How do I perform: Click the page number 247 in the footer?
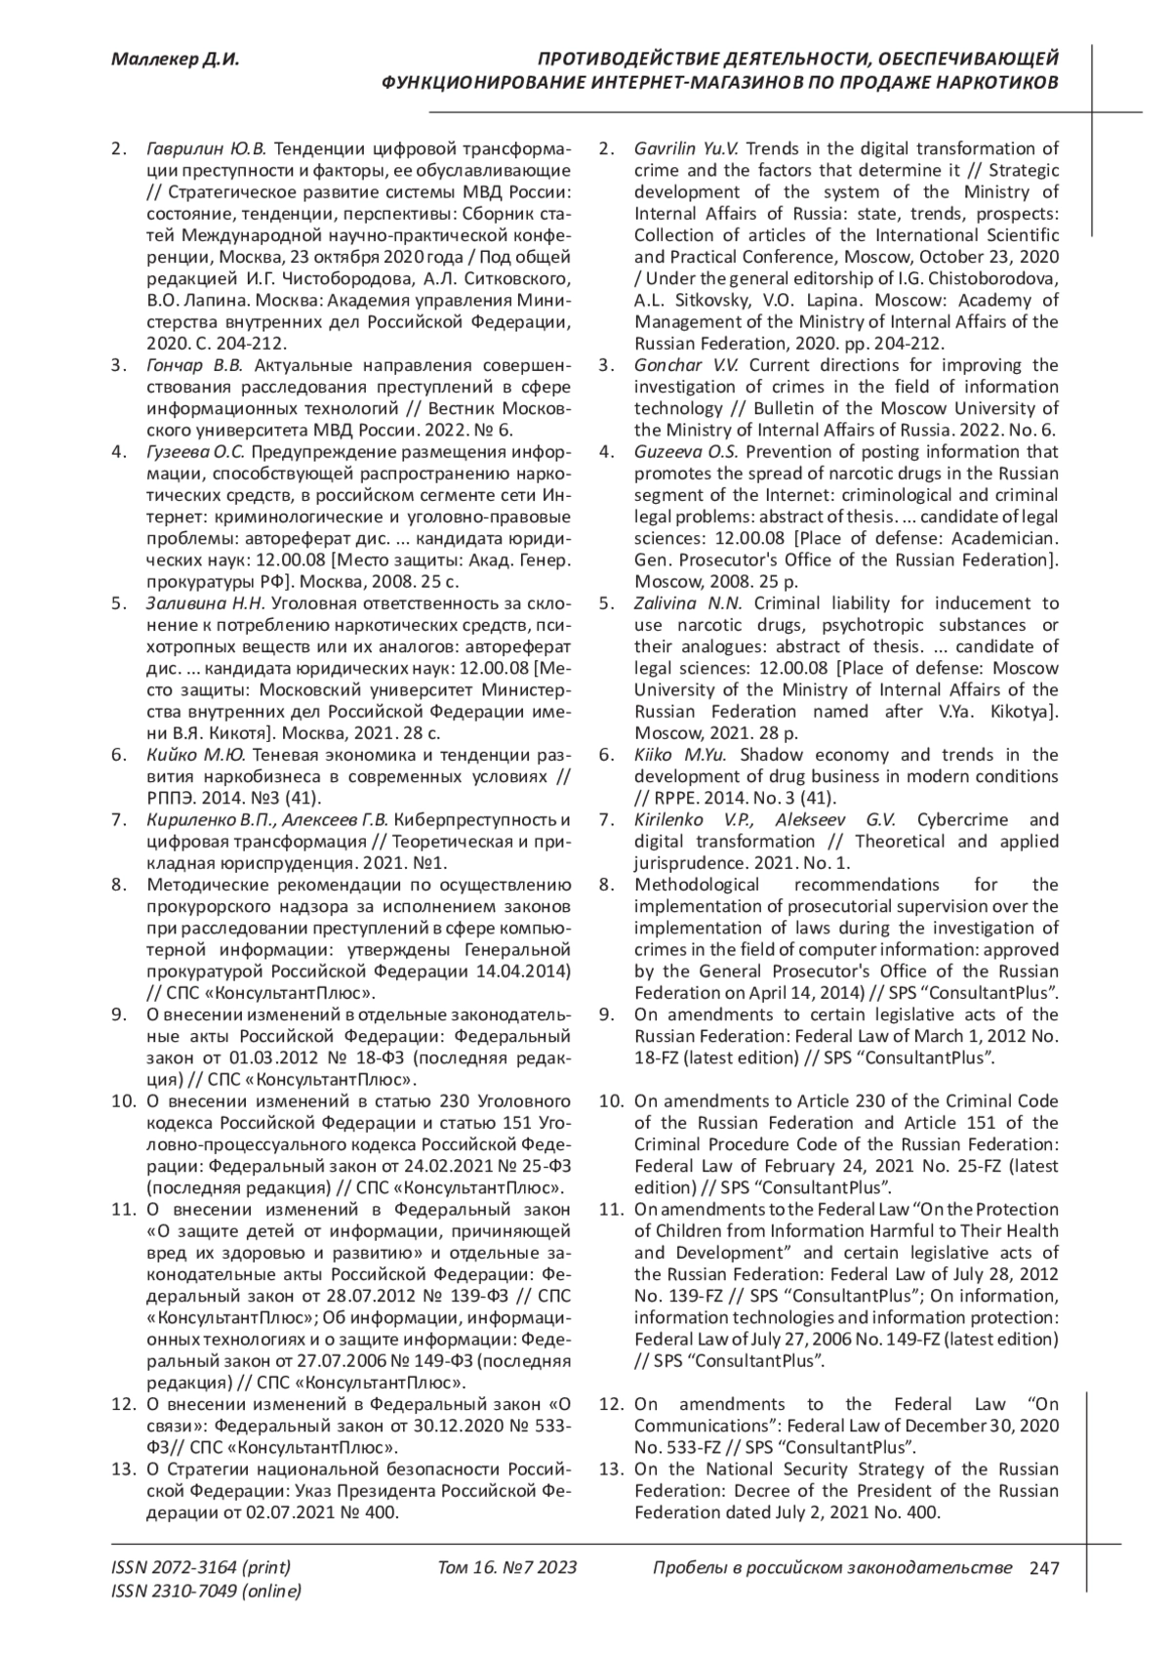[1044, 1568]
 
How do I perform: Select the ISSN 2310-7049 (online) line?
[207, 1592]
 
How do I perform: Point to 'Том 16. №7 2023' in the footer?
[507, 1568]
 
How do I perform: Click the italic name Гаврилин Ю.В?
[205, 149]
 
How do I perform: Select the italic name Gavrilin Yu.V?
[687, 149]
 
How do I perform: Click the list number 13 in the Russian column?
[123, 1470]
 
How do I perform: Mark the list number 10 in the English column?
[611, 1101]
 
